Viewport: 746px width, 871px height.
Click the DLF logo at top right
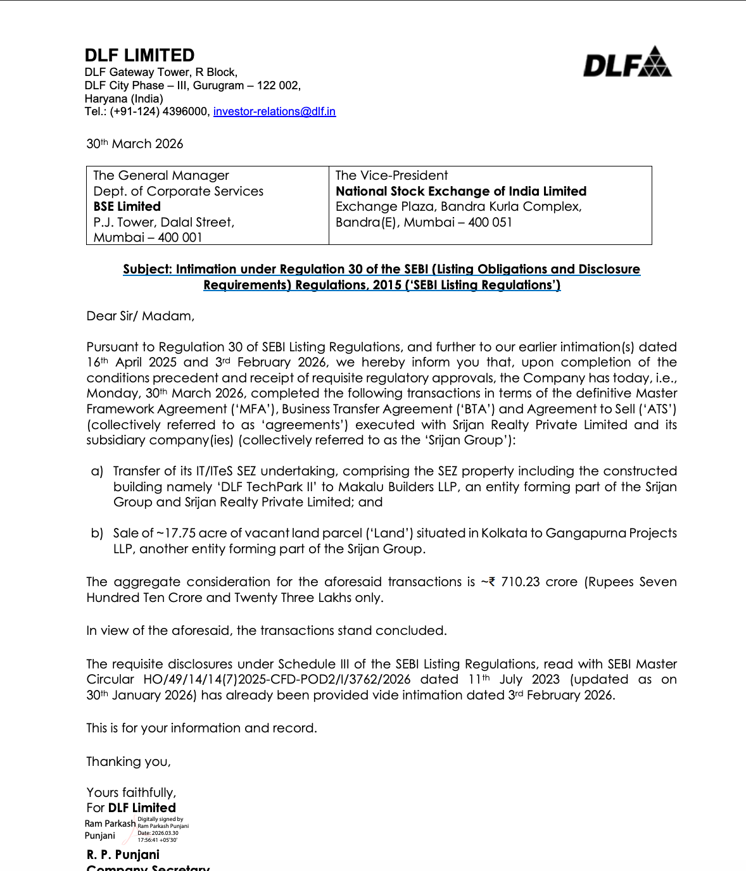pyautogui.click(x=627, y=62)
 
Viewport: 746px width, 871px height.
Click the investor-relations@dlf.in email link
pyautogui.click(x=274, y=111)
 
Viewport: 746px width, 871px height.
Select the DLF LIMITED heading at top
pyautogui.click(x=139, y=55)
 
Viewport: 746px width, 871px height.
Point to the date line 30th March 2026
pyautogui.click(x=135, y=144)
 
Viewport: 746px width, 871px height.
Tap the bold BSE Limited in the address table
pyautogui.click(x=127, y=206)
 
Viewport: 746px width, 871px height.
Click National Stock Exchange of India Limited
pyautogui.click(x=461, y=191)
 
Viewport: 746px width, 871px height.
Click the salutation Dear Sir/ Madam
pyautogui.click(x=141, y=316)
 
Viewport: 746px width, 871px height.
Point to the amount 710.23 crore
pyautogui.click(x=539, y=582)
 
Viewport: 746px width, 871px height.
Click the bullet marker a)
pyautogui.click(x=97, y=471)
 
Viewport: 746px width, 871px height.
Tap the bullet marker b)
pyautogui.click(x=97, y=533)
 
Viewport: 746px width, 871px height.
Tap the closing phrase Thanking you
pyautogui.click(x=129, y=761)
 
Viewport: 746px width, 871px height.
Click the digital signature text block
pyautogui.click(x=163, y=829)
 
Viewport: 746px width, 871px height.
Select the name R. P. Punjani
pyautogui.click(x=123, y=855)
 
